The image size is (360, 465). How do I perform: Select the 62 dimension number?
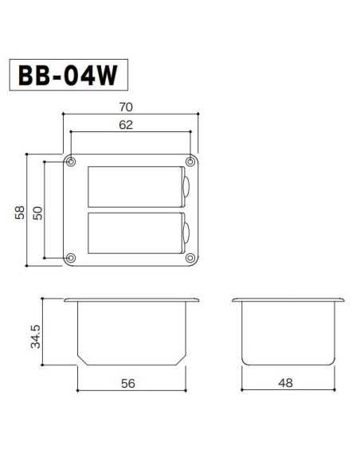tap(125, 124)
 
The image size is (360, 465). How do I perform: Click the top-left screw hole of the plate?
tap(72, 162)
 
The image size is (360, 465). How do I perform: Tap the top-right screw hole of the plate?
tap(190, 162)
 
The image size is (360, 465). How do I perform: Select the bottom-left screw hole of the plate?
tap(72, 257)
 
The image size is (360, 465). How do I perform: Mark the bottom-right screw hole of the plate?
tap(190, 257)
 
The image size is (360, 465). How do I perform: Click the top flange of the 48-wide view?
tap(287, 301)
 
